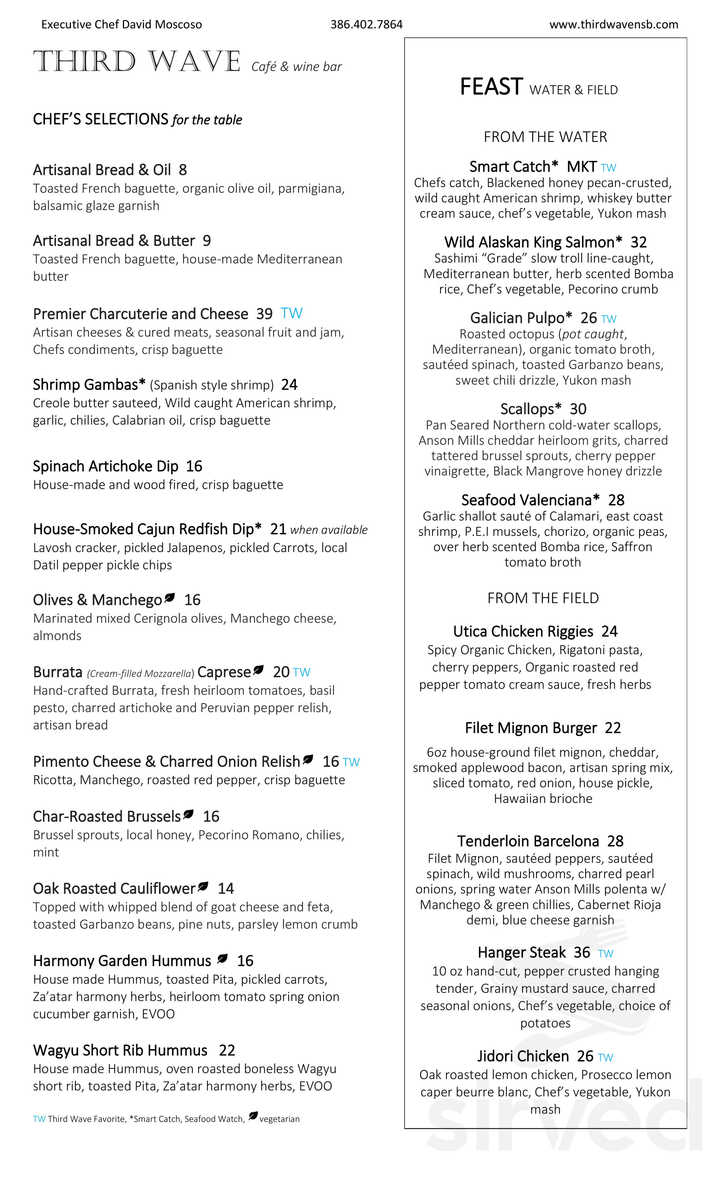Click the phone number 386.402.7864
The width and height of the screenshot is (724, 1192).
click(366, 25)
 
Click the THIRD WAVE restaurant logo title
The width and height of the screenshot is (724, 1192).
click(137, 62)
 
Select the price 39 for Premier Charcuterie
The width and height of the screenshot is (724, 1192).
click(264, 314)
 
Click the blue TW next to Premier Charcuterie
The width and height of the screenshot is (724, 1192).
click(291, 313)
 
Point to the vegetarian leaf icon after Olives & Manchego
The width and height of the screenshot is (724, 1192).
click(169, 598)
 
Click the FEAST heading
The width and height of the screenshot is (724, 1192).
click(491, 87)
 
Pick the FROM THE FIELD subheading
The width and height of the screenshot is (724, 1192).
click(543, 598)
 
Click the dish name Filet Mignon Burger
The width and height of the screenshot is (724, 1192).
click(531, 728)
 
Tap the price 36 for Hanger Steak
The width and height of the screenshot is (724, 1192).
click(582, 953)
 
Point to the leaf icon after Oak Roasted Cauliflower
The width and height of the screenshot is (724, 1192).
click(203, 887)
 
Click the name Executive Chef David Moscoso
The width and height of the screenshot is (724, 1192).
click(121, 25)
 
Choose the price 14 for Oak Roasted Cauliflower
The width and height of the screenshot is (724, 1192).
click(226, 889)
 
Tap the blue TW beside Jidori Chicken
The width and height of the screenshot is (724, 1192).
click(606, 1057)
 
